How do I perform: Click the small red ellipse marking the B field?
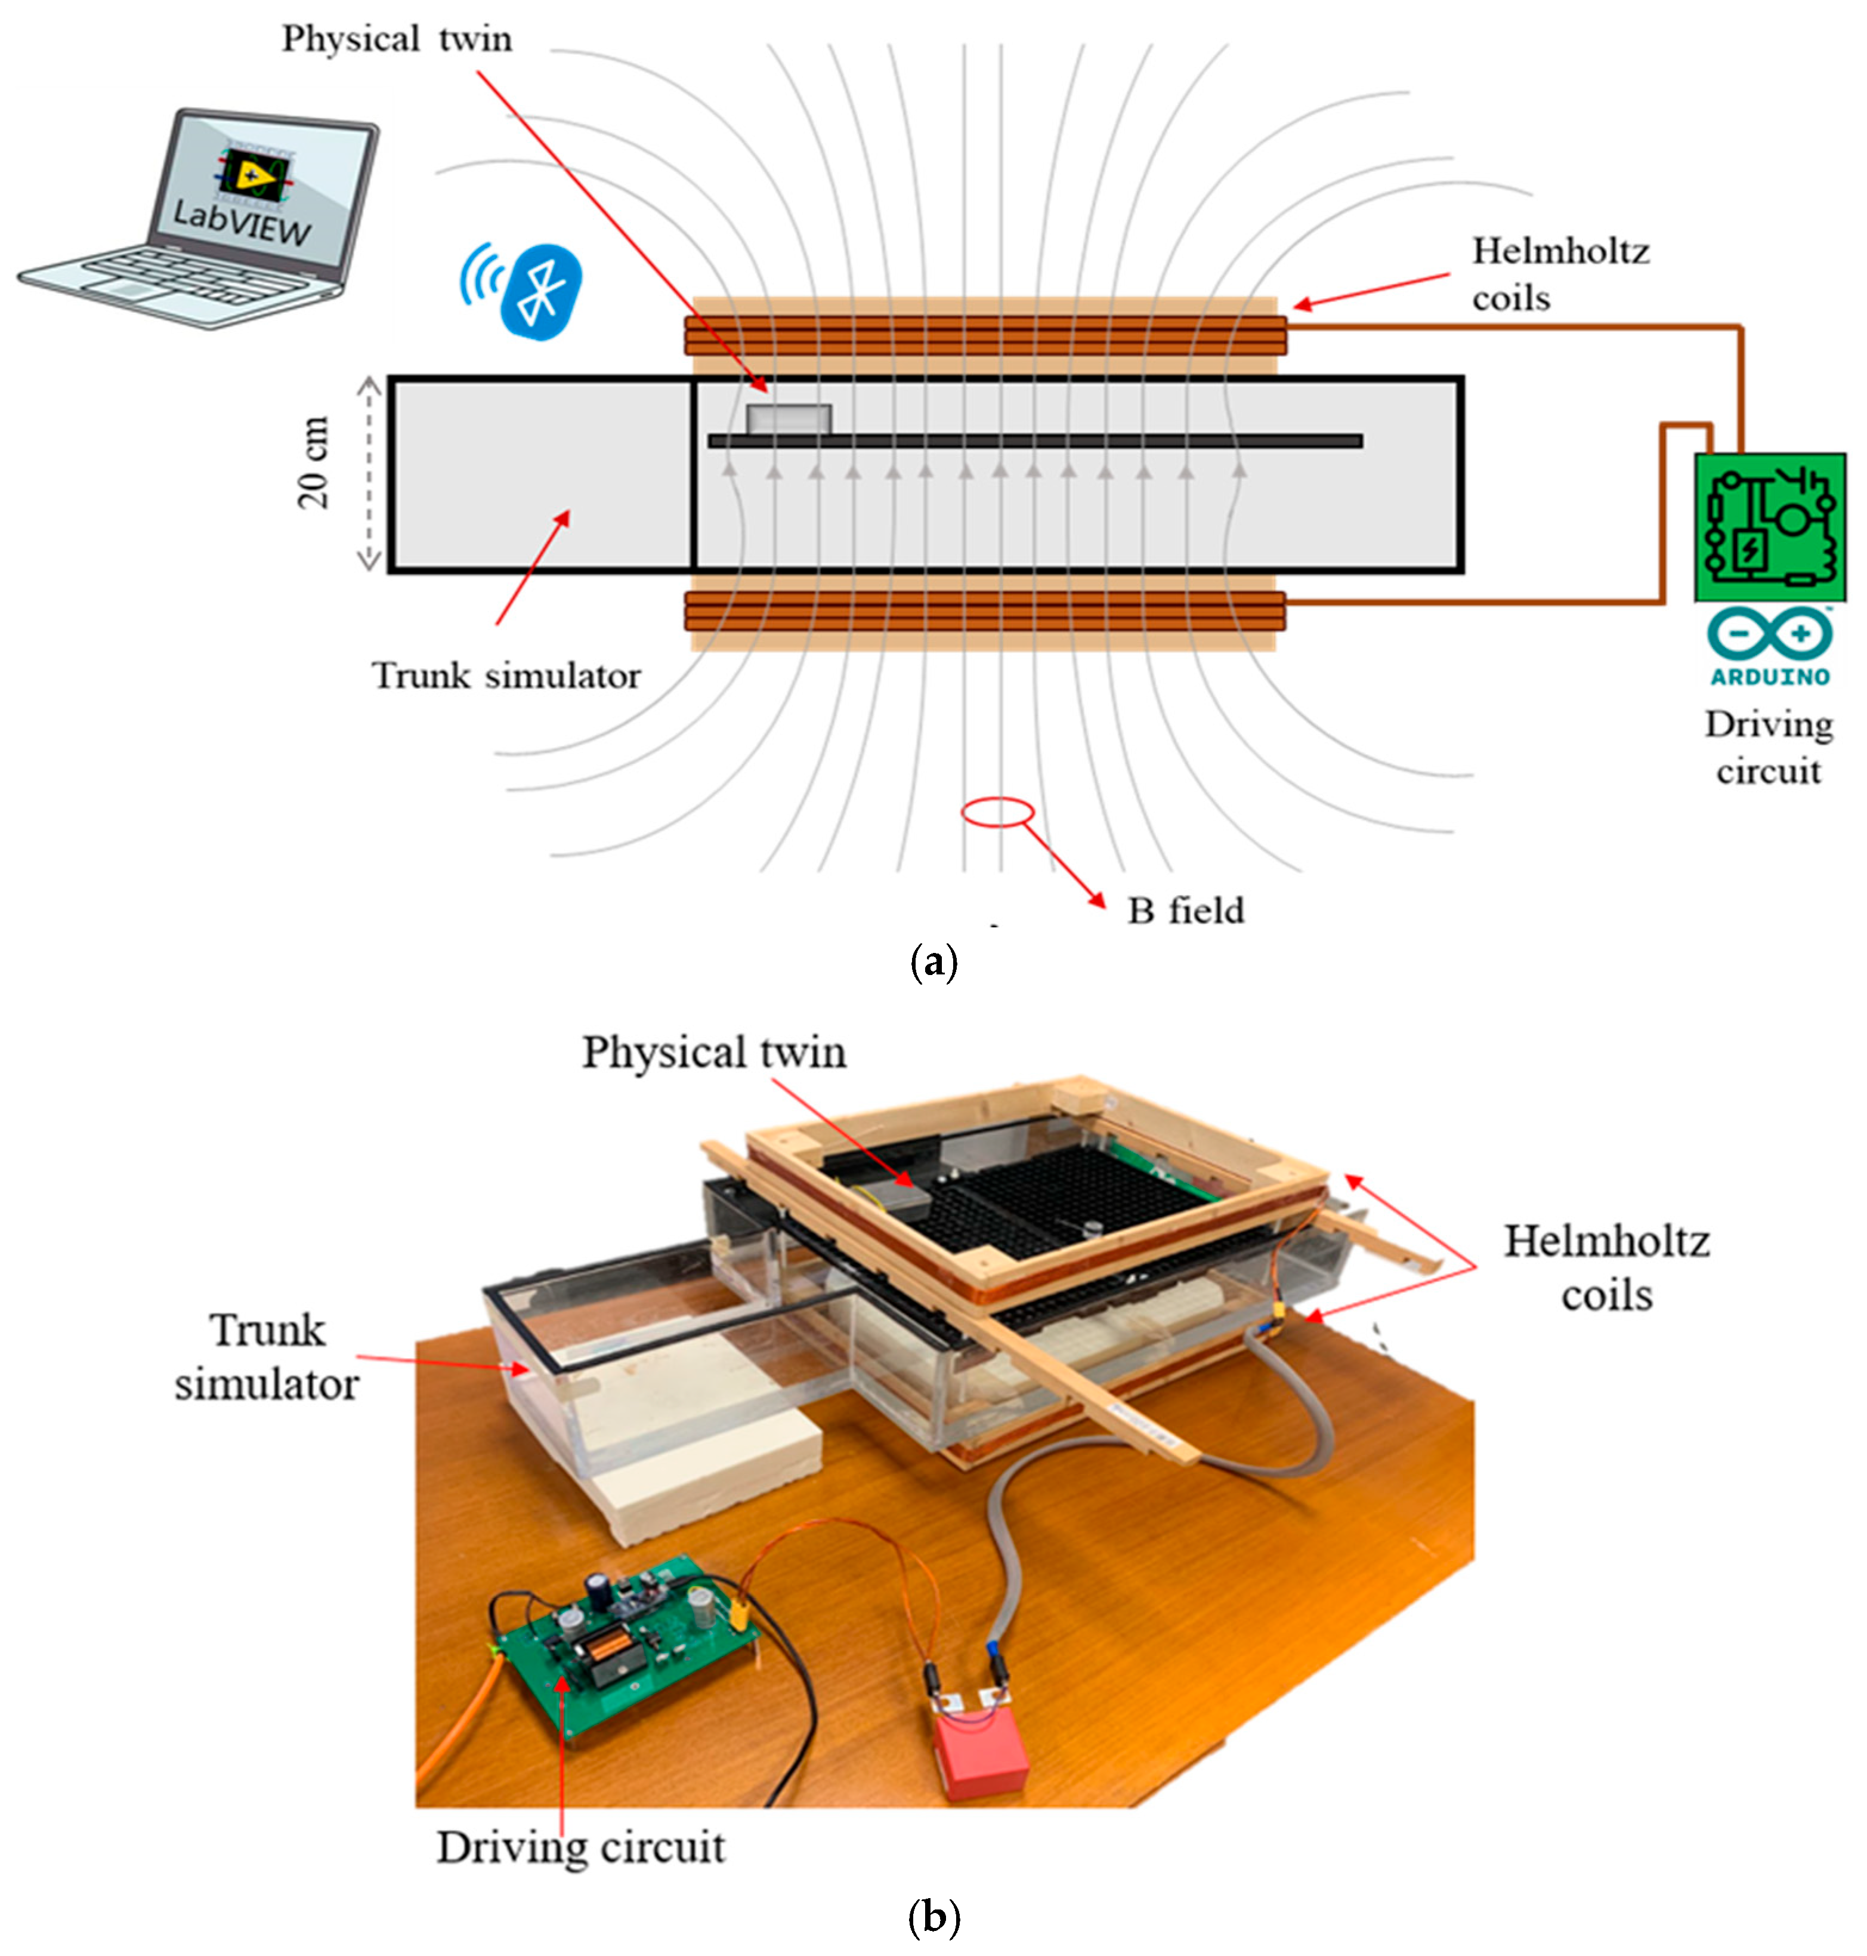click(997, 812)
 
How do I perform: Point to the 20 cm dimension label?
click(314, 463)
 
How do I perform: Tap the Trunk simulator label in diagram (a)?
click(506, 676)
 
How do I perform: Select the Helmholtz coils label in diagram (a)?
click(1559, 274)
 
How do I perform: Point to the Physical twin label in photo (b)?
click(713, 1052)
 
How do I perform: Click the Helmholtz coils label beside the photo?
click(1605, 1267)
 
